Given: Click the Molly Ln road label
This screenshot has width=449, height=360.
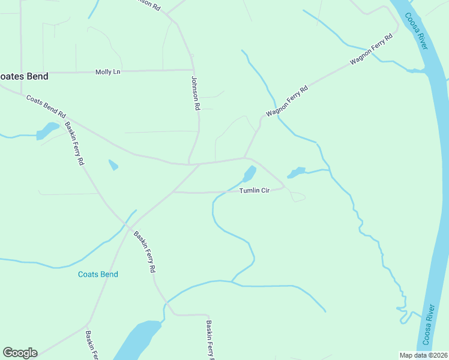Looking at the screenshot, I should coord(108,72).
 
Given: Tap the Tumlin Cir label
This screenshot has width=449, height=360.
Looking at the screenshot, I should coord(255,190).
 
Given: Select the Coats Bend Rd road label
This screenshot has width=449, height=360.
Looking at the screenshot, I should coord(46,104).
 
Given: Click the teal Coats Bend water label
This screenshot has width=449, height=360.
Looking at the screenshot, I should coord(98,274).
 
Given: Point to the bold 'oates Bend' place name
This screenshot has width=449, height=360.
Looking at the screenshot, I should coord(24,77).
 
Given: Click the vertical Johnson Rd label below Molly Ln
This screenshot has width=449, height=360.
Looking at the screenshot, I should coord(195,92).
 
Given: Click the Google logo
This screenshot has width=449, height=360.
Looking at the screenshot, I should coord(20,353).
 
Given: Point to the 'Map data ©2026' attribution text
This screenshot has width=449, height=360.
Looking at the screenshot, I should coord(423,355).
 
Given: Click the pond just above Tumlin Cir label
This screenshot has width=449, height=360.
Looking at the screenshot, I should coord(249,174).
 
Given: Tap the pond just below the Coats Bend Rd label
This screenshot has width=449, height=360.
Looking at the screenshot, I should coord(47,130).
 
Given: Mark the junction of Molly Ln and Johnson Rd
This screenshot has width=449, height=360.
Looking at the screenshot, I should coord(193,70).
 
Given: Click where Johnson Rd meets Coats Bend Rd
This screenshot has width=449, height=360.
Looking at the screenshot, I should coord(190,163).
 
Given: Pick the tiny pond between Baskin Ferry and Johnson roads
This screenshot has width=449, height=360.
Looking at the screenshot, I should coord(113,164).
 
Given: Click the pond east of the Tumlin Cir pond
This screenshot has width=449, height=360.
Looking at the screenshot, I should coord(297,172).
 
